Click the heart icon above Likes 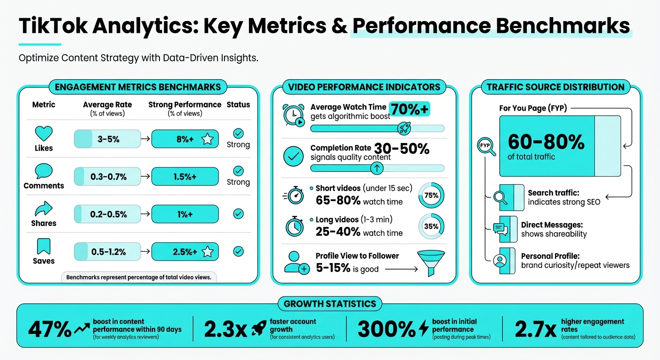(44, 134)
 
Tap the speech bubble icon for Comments (44, 172)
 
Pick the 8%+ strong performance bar (185, 139)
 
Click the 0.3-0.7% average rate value (108, 177)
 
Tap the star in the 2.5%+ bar (207, 252)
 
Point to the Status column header (238, 105)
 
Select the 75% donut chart (431, 195)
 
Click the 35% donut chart (431, 226)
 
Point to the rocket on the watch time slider (404, 128)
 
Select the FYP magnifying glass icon (485, 146)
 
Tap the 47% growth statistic (50, 329)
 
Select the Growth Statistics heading (330, 304)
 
